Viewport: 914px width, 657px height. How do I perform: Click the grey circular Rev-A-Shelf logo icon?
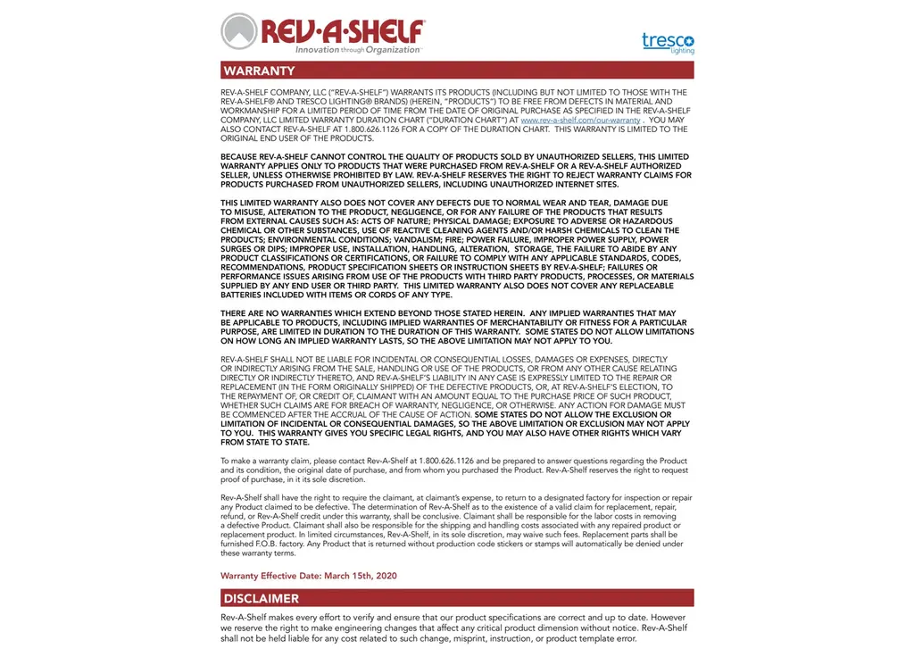click(238, 32)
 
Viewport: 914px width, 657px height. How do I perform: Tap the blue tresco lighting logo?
click(668, 42)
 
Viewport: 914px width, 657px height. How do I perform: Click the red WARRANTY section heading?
click(260, 71)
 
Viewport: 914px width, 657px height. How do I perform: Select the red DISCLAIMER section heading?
click(262, 598)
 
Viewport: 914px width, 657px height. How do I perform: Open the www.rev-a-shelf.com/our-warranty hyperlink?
click(580, 120)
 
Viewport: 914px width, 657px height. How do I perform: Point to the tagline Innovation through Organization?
click(357, 50)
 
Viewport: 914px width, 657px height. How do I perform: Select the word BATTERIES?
click(245, 295)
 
